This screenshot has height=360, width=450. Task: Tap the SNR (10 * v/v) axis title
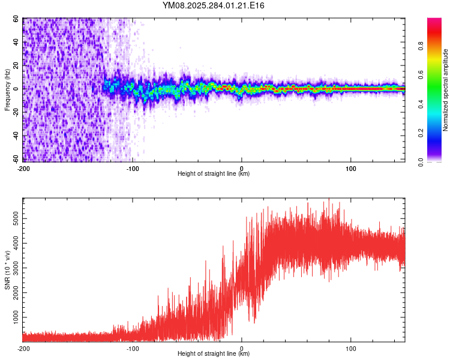pos(7,269)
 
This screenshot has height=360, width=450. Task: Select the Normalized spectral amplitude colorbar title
pos(445,90)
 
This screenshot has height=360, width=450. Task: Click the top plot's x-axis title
pos(214,174)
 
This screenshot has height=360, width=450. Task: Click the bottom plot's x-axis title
pos(214,354)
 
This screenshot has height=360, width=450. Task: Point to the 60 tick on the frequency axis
pos(16,19)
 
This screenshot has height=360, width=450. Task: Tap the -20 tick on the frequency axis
pos(15,112)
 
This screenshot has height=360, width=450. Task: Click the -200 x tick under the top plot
pos(23,168)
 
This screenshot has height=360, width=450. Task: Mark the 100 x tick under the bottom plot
pos(350,348)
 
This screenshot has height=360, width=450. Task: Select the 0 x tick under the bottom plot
pos(242,348)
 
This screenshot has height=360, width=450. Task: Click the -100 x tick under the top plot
pos(133,168)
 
